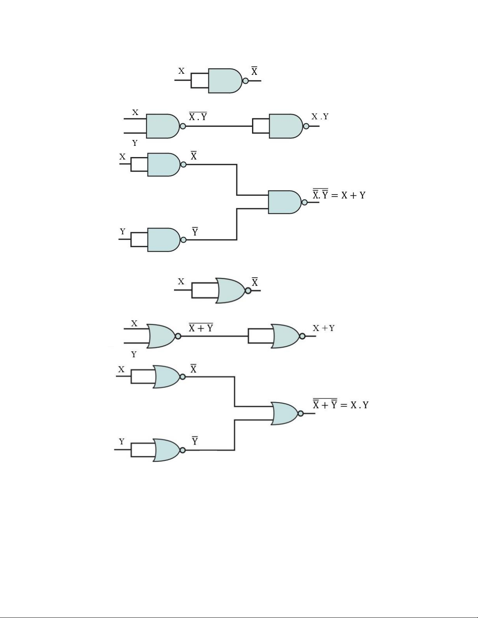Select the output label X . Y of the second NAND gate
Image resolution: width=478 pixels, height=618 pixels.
tap(320, 117)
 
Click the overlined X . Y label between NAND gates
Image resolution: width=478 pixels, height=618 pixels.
tap(198, 116)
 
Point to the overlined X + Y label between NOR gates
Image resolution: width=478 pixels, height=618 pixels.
tap(201, 328)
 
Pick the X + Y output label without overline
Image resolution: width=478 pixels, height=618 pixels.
tap(323, 328)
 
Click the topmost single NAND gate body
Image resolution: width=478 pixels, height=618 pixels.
tap(225, 81)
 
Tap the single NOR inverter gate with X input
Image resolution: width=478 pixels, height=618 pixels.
tap(230, 290)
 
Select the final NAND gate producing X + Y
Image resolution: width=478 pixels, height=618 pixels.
tap(285, 202)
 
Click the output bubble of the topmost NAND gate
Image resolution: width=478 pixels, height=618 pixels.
tap(245, 81)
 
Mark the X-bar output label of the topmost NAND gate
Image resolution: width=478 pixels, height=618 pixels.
tap(254, 71)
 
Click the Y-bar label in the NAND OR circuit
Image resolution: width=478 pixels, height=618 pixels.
tap(195, 232)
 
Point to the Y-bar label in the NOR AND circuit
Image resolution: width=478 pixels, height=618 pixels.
tap(195, 441)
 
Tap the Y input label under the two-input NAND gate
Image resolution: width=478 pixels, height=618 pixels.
tap(135, 143)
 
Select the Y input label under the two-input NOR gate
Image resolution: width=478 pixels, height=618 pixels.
tap(134, 354)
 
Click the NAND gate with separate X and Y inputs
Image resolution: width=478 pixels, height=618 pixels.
tap(162, 126)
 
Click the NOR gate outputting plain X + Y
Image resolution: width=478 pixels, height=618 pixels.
tap(286, 336)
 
